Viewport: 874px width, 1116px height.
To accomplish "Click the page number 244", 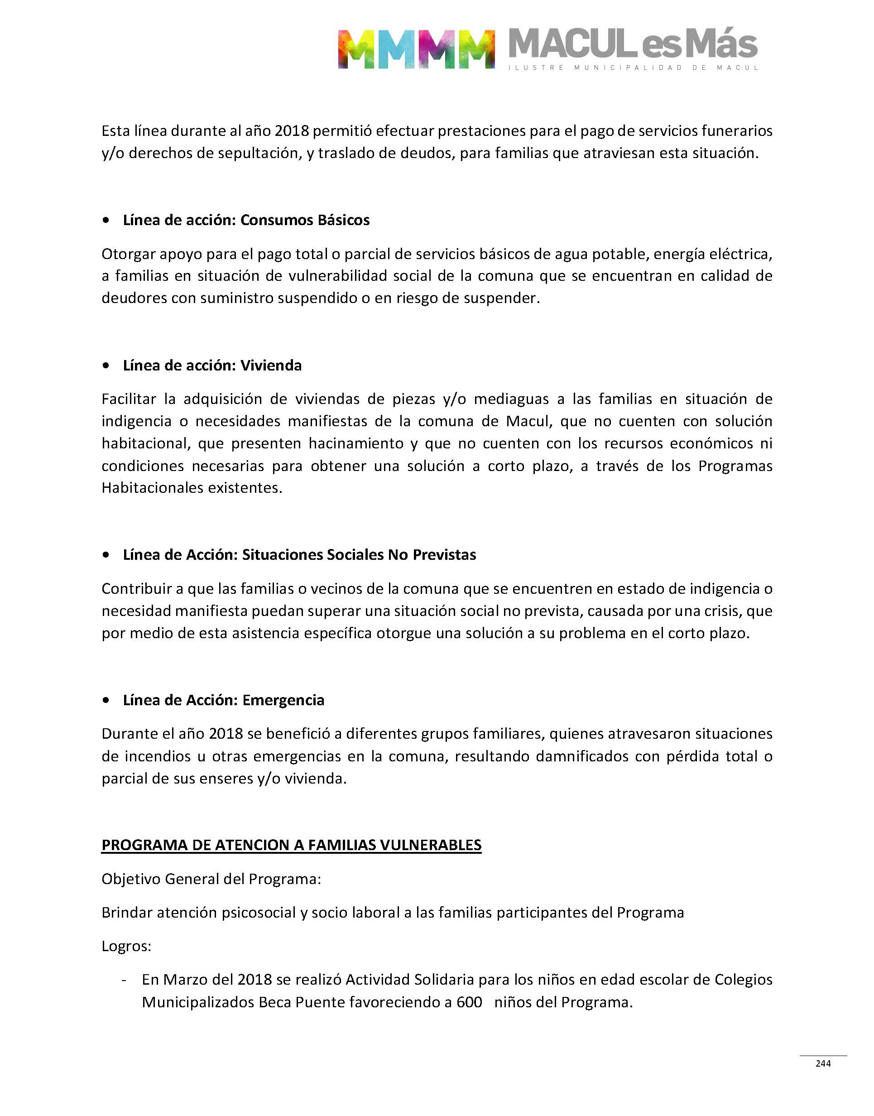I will (823, 1064).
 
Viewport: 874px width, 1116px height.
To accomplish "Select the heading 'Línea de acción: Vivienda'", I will (212, 366).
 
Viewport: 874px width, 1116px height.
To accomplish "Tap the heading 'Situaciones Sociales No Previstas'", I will (359, 555).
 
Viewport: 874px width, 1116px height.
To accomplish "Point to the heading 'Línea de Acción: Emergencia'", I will (223, 700).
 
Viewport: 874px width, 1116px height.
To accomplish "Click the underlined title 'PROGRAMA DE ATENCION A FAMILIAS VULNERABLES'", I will (291, 845).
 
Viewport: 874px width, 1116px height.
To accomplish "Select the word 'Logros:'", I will (126, 946).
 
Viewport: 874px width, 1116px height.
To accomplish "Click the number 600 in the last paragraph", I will (469, 1002).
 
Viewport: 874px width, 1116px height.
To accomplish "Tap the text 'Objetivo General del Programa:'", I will (211, 879).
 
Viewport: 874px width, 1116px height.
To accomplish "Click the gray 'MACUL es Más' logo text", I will (633, 44).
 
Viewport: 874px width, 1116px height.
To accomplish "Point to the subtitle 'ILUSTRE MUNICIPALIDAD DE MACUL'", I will (633, 67).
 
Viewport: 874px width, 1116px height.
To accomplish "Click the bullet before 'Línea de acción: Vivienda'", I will (106, 366).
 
